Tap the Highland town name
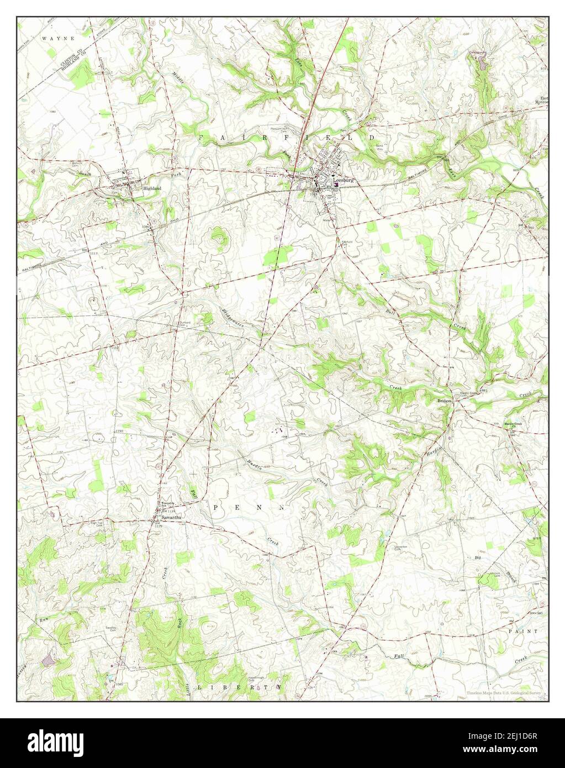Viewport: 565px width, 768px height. (152, 188)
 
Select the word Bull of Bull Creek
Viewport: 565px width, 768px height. (390, 312)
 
